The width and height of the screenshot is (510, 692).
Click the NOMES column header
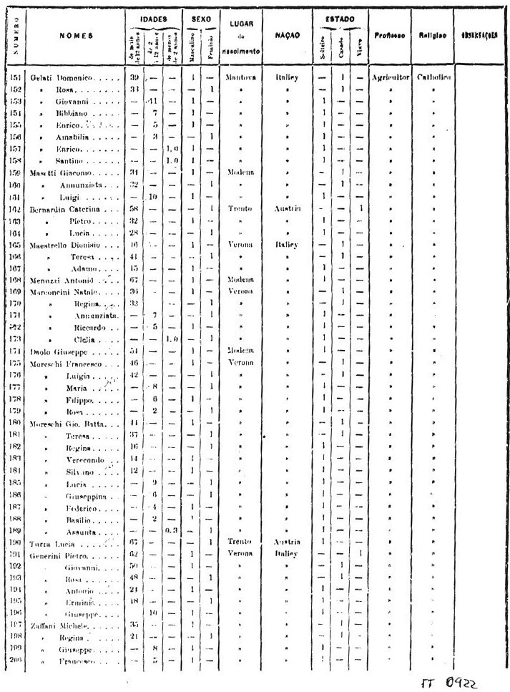72,34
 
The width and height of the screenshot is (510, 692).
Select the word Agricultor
389,77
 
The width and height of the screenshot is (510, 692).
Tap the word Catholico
428,77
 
